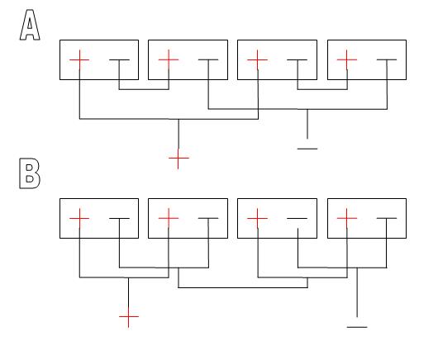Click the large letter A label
30,25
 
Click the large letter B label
30,173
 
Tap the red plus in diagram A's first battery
79,59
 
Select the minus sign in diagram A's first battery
119,59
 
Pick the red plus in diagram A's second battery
169,59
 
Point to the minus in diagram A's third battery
298,59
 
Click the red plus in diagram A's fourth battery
346,59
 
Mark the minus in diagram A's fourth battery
387,59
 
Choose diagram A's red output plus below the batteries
179,159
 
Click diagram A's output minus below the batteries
307,149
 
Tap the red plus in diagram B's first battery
79,218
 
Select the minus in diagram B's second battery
208,218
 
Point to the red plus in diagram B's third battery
258,218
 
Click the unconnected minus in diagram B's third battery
298,218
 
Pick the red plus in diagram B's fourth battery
346,218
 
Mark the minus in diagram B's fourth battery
387,218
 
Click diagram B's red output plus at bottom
128,317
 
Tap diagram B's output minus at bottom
357,327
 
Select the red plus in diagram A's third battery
258,59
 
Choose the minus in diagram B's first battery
119,218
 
